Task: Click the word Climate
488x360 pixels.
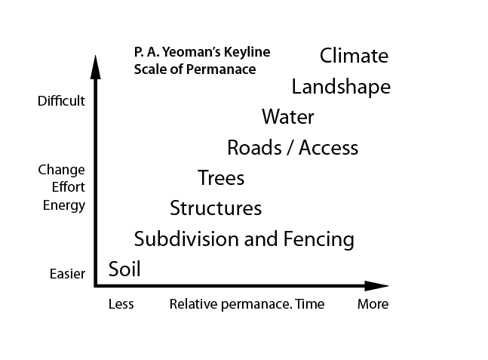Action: click(x=354, y=56)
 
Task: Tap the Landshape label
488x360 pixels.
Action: click(x=341, y=87)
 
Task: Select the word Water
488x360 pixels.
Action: click(x=287, y=117)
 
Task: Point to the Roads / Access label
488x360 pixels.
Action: click(x=293, y=147)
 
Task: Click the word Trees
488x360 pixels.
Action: click(x=221, y=178)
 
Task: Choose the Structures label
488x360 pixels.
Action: click(x=216, y=208)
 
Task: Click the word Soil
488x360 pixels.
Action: click(x=124, y=269)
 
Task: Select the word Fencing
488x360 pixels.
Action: click(x=318, y=239)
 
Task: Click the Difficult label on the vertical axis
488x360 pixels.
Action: click(x=61, y=100)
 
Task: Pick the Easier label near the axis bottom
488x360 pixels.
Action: click(x=61, y=274)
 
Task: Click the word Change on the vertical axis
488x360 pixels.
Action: click(x=61, y=170)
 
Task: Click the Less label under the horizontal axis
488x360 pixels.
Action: click(x=121, y=304)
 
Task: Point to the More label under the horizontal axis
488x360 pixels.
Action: click(x=373, y=304)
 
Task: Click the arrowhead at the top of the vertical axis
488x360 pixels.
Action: click(x=96, y=65)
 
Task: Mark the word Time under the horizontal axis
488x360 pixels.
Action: click(x=310, y=304)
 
